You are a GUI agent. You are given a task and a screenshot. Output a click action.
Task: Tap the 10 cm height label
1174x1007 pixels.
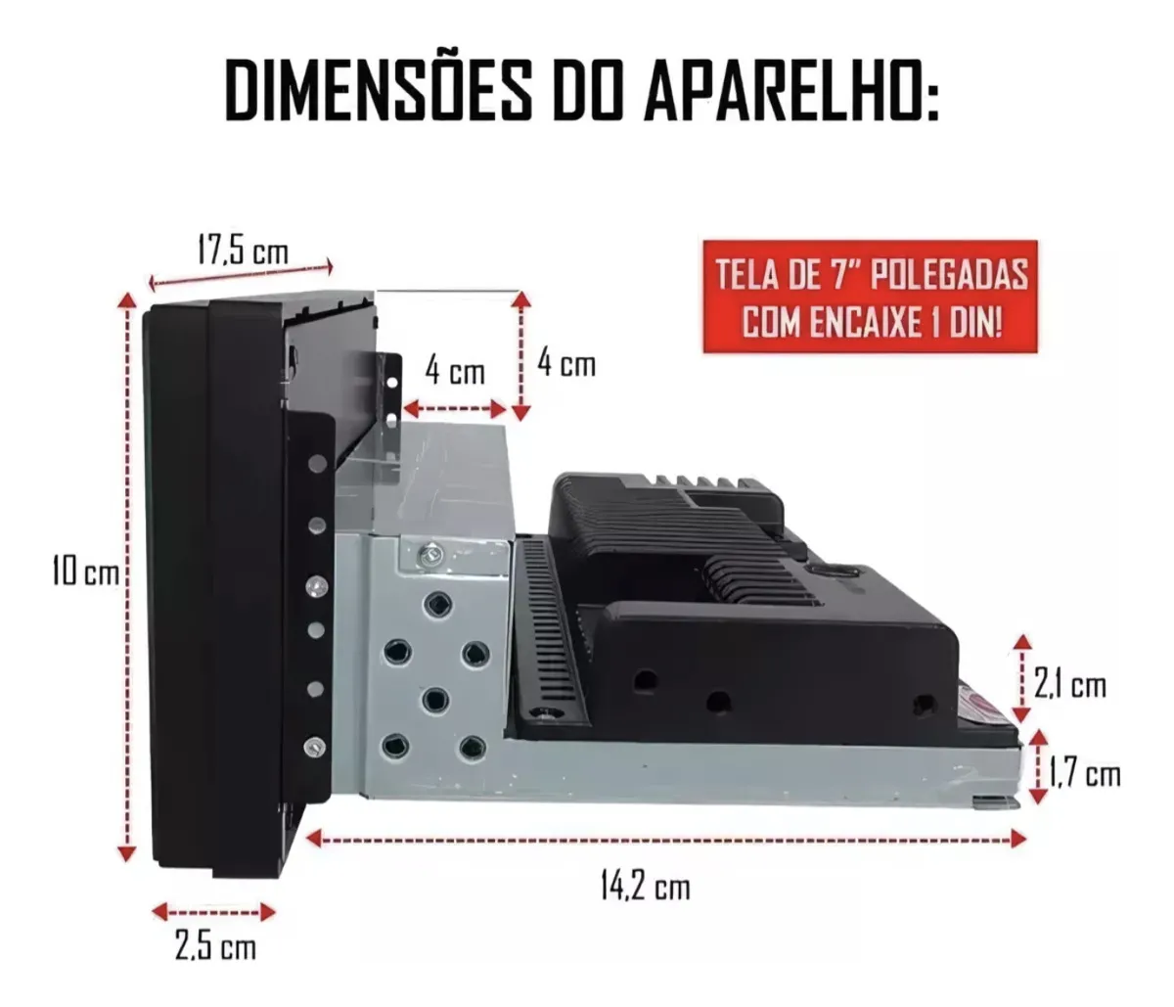point(86,571)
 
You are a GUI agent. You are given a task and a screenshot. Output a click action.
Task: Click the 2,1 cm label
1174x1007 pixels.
point(1070,686)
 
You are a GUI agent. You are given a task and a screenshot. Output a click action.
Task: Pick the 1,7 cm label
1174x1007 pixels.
point(1084,774)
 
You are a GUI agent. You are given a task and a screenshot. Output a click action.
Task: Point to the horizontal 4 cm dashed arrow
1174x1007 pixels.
point(455,409)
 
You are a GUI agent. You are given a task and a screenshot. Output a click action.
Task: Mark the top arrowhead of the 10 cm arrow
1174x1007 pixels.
point(129,300)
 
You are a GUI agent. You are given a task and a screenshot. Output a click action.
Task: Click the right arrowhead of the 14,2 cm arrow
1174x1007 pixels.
point(1018,839)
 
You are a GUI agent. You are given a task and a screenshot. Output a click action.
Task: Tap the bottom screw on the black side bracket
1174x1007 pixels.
point(315,746)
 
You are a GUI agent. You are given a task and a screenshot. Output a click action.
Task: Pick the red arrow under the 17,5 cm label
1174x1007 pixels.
point(241,274)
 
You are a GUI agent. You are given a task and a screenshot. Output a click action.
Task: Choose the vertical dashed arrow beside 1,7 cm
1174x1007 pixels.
point(1039,768)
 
